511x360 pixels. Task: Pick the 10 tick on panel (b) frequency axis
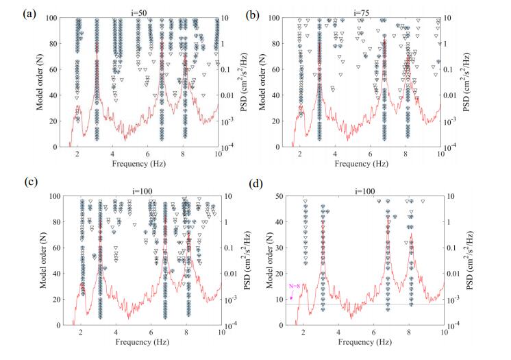[440, 156]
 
